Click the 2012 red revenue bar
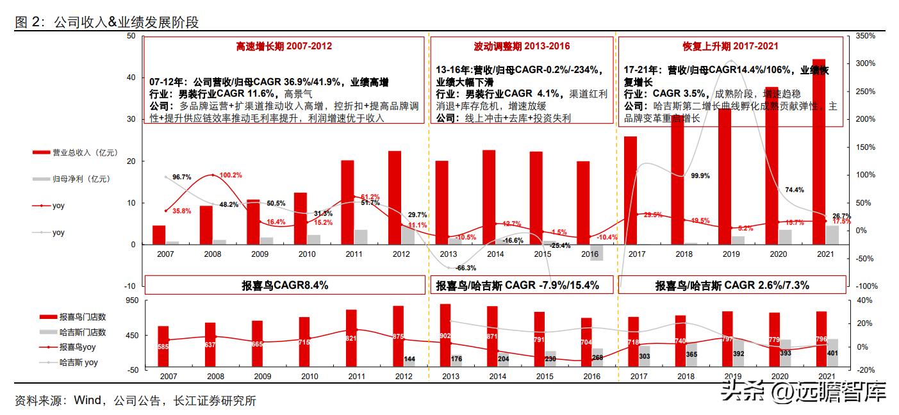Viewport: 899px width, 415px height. [x=395, y=197]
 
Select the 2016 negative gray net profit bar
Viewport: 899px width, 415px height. [x=597, y=252]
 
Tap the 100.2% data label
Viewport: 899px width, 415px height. [x=230, y=175]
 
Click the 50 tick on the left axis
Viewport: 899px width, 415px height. [x=131, y=36]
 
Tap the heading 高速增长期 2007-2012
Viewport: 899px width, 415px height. [x=284, y=46]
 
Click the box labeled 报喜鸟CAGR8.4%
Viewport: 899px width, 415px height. [x=284, y=286]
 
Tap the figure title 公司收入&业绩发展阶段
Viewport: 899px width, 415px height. [x=126, y=23]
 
